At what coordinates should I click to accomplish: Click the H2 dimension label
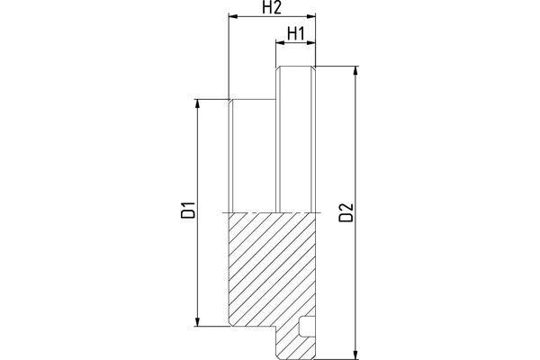pos(272,8)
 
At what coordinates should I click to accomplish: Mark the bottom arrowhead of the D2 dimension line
pos(357,355)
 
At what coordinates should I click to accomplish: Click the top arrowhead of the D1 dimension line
pos(197,102)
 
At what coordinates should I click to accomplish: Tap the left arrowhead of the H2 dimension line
pos(232,16)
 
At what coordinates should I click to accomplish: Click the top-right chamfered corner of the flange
pos(316,68)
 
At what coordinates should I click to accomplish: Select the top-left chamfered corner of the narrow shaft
pos(231,100)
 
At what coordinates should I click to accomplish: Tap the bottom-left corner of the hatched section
pos(231,326)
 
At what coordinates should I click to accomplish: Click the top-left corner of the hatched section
pos(229,212)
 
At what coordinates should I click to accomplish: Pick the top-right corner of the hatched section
pos(318,212)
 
